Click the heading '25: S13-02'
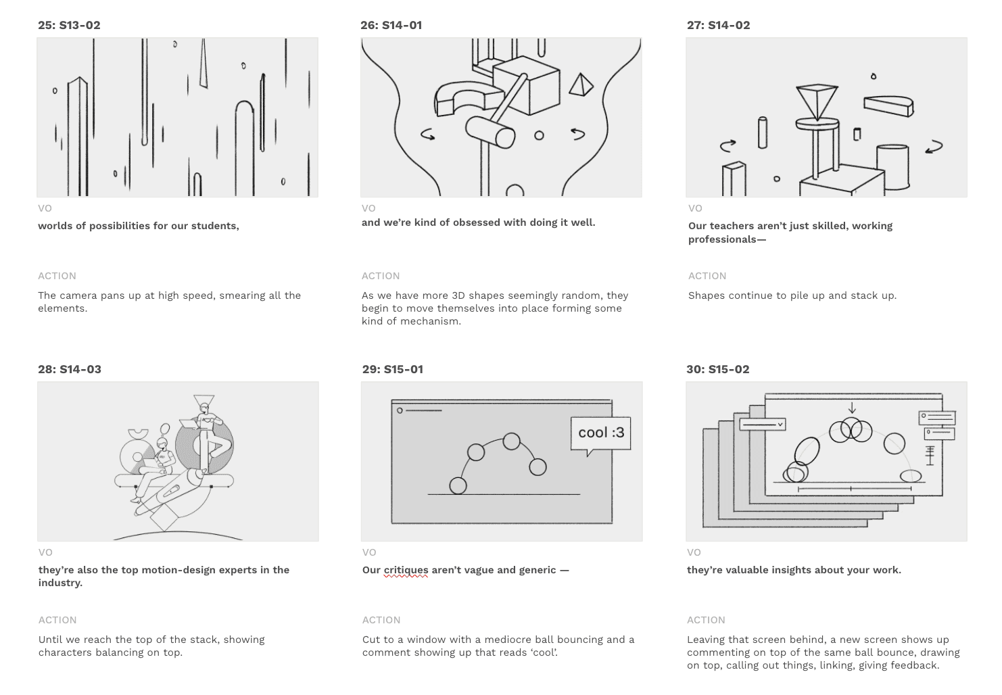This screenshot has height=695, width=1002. tap(69, 25)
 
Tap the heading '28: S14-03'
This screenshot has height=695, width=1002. tap(70, 369)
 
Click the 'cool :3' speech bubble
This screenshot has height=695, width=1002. tap(601, 433)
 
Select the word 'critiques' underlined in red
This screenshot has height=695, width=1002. tap(406, 570)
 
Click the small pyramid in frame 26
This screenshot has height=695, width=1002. tap(581, 85)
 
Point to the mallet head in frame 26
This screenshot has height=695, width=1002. tap(490, 132)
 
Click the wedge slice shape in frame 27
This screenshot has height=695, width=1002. tap(888, 106)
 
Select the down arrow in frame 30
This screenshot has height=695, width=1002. tap(852, 408)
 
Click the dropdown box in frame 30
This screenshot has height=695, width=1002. tap(763, 425)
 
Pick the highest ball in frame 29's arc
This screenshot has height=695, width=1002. tap(511, 441)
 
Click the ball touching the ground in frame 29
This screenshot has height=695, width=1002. tap(458, 485)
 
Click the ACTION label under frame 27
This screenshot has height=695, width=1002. tap(707, 276)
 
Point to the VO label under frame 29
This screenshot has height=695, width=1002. tap(369, 552)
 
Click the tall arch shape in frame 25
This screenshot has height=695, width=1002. tap(245, 148)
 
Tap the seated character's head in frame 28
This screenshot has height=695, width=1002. tap(162, 444)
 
